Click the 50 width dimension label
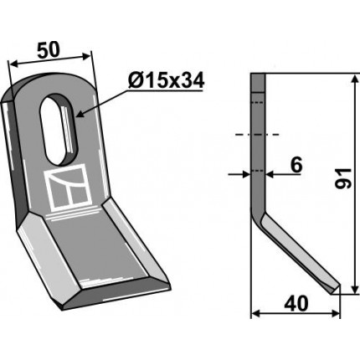(49, 50)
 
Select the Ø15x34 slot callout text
(167, 81)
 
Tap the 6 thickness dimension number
(296, 165)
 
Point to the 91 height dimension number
(343, 178)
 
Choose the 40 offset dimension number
(296, 303)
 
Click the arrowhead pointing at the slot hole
(80, 114)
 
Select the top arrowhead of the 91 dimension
(354, 80)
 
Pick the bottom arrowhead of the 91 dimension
(354, 288)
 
